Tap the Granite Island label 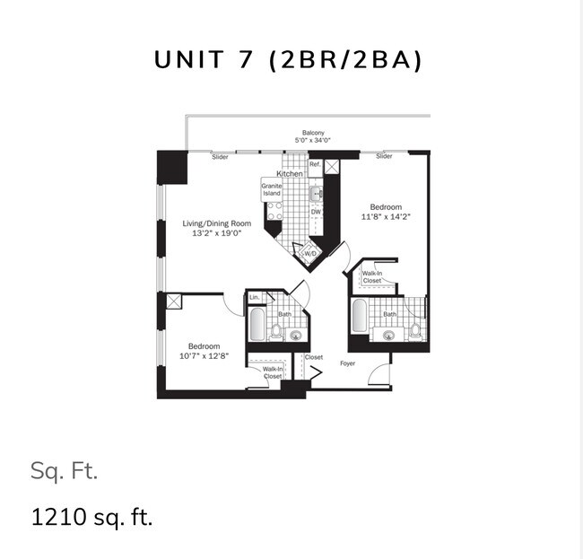(272, 189)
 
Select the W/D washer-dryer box (310, 254)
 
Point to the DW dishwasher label (316, 213)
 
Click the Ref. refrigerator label (315, 164)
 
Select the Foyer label (348, 363)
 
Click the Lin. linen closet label (255, 297)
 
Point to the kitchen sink (317, 192)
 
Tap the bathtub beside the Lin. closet (257, 326)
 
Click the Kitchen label (289, 173)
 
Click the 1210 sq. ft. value (92, 518)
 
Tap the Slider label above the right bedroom (384, 157)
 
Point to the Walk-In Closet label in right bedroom (372, 276)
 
